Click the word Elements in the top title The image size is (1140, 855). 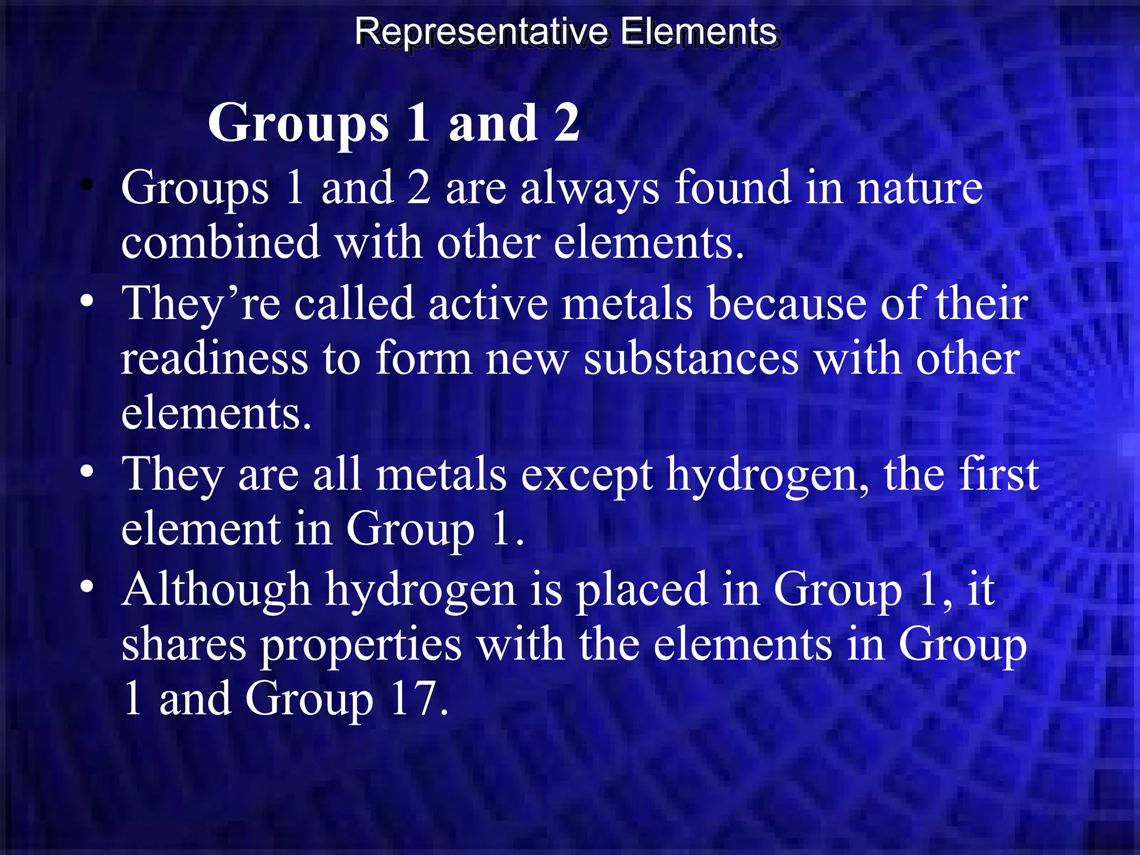click(699, 31)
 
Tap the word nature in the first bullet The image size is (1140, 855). click(920, 188)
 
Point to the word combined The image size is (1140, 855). click(220, 243)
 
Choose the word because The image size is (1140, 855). click(787, 304)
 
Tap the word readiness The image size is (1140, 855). click(214, 358)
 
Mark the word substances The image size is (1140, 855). click(691, 358)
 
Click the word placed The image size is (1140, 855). click(641, 590)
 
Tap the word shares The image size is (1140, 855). click(184, 645)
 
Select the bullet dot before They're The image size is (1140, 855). click(86, 301)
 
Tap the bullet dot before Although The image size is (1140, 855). click(86, 587)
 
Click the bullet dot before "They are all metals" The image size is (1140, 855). click(86, 472)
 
